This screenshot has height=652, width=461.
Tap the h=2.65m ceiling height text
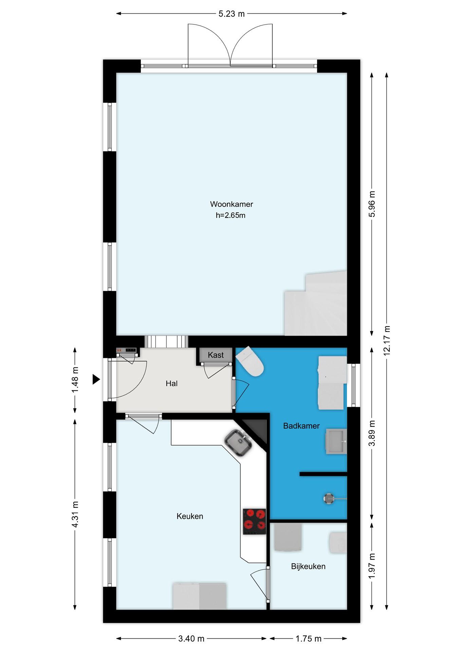pyautogui.click(x=230, y=215)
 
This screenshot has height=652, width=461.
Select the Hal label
pyautogui.click(x=172, y=384)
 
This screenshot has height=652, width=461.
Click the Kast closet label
pyautogui.click(x=216, y=355)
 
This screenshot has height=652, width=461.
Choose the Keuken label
pyautogui.click(x=190, y=516)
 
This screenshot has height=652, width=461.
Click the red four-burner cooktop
pyautogui.click(x=254, y=522)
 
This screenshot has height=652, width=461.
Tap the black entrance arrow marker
pyautogui.click(x=96, y=379)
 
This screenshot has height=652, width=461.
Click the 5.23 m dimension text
pyautogui.click(x=232, y=14)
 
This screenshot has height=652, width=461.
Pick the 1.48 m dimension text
pyautogui.click(x=75, y=380)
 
